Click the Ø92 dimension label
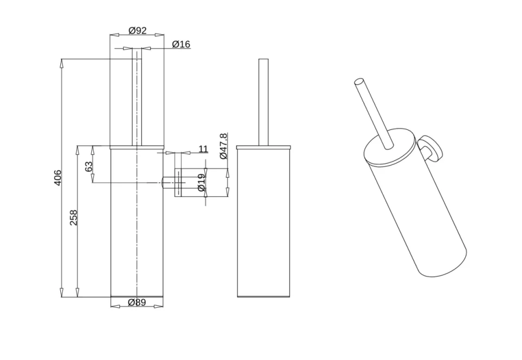coord(137,30)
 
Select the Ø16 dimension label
coord(181,44)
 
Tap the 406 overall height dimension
coord(58,177)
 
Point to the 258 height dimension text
coord(74,218)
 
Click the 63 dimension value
coord(89,166)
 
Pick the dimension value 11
coord(203,149)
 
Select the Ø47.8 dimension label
coord(223,146)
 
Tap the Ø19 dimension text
coord(201,182)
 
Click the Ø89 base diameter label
coord(137,302)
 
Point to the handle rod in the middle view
coord(263,101)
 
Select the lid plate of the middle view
coord(263,147)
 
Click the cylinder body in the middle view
coord(263,223)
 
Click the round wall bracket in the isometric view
coord(431,149)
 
